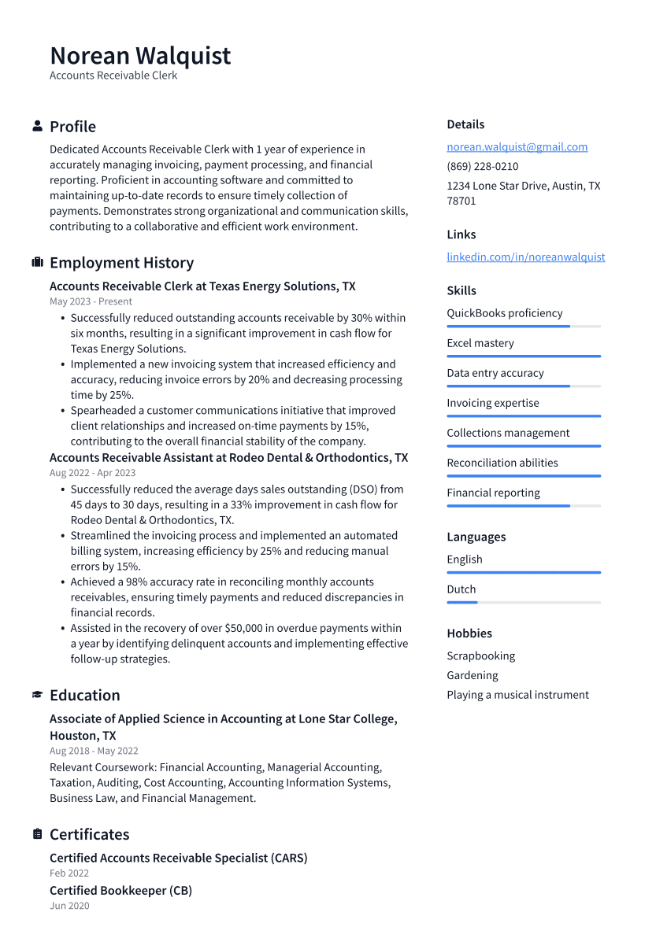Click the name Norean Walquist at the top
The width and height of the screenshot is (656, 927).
[x=140, y=56]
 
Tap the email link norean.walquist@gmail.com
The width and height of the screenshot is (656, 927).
[x=517, y=147]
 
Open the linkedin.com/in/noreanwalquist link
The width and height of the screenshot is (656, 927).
[x=525, y=257]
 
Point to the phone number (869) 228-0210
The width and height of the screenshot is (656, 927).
[x=482, y=167]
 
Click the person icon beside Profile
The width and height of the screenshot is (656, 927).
[x=37, y=127]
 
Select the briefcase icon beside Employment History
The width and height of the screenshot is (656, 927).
[x=37, y=263]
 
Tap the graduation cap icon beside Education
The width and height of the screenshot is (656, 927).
[x=37, y=695]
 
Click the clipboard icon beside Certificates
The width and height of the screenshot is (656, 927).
[x=37, y=834]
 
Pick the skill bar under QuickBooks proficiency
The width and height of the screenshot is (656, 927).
[x=523, y=327]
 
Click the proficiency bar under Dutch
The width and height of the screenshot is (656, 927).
[x=523, y=603]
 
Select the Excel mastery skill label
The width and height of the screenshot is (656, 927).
[x=480, y=343]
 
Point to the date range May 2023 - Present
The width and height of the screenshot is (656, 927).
[x=91, y=301]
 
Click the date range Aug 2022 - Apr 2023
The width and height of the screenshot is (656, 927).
[x=92, y=473]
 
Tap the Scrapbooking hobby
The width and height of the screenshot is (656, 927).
[x=480, y=656]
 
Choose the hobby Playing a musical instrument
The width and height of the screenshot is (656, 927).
[x=517, y=695]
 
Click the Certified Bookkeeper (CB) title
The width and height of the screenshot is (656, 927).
[x=120, y=891]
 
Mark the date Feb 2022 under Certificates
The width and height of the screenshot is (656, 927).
[x=69, y=873]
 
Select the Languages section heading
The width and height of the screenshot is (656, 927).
[x=476, y=537]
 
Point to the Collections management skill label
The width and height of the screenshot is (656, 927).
[x=508, y=433]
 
